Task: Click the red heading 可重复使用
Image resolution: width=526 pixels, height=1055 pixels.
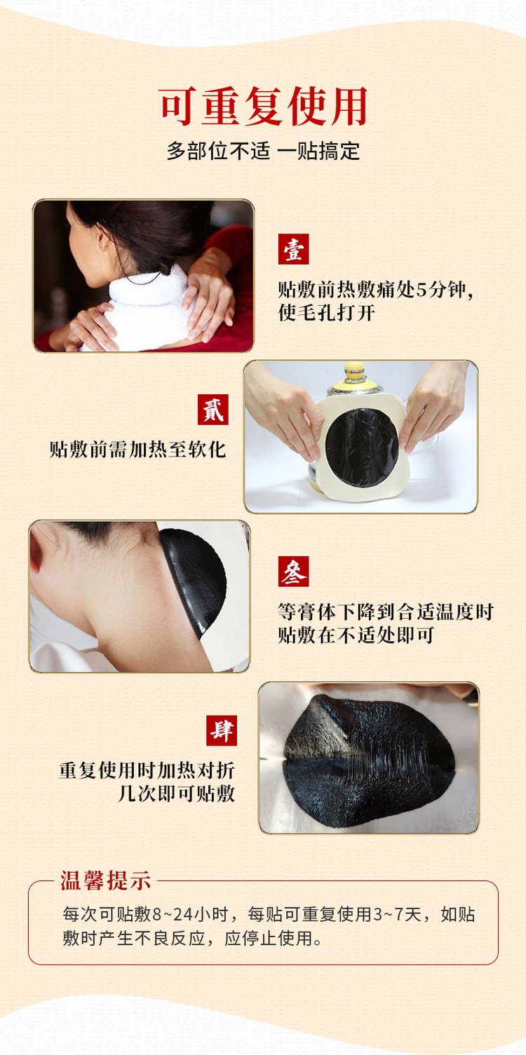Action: pyautogui.click(x=263, y=106)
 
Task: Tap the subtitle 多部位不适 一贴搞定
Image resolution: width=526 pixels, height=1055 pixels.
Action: pyautogui.click(x=263, y=152)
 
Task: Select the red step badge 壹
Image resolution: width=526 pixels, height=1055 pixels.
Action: pyautogui.click(x=293, y=249)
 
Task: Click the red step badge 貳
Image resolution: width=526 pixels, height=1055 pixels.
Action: pyautogui.click(x=213, y=409)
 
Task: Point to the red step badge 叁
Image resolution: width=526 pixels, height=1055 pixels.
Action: pyautogui.click(x=293, y=571)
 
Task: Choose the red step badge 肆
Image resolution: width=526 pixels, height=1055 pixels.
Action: pyautogui.click(x=222, y=730)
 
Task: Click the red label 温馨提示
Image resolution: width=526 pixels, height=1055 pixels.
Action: pyautogui.click(x=105, y=880)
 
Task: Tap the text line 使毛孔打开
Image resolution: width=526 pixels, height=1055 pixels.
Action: pyautogui.click(x=326, y=312)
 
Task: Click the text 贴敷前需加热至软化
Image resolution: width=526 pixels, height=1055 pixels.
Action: pyautogui.click(x=137, y=450)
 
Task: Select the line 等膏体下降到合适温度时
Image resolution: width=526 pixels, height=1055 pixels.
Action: pyautogui.click(x=385, y=612)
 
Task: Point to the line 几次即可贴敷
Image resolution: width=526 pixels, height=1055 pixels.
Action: pyautogui.click(x=176, y=793)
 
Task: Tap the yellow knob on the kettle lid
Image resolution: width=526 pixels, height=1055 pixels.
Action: pyautogui.click(x=355, y=368)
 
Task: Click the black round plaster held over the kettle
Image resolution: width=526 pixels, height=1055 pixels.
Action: pyautogui.click(x=362, y=448)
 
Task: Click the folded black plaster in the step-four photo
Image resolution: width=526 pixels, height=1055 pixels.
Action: pyautogui.click(x=370, y=761)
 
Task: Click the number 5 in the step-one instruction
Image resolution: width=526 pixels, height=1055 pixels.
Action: pyautogui.click(x=422, y=290)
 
